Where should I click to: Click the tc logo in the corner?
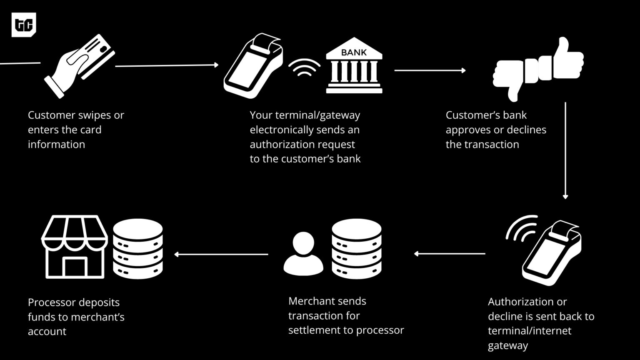point(24,25)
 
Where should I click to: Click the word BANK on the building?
point(354,52)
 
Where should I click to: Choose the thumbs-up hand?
point(562,60)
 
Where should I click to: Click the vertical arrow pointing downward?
point(565,150)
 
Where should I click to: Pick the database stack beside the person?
point(357,249)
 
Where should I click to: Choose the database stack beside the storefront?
point(138,249)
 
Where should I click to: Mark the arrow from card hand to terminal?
point(167,65)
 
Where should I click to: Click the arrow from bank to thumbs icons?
point(430,70)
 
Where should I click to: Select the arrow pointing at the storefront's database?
point(221,254)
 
